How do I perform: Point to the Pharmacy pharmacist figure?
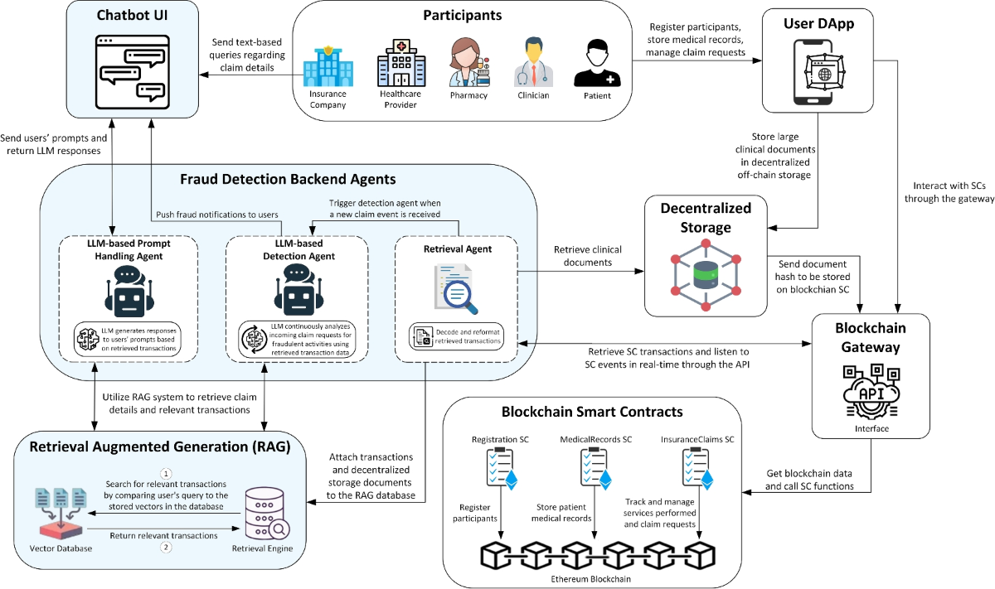coord(468,62)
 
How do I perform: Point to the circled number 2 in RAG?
coord(165,547)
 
